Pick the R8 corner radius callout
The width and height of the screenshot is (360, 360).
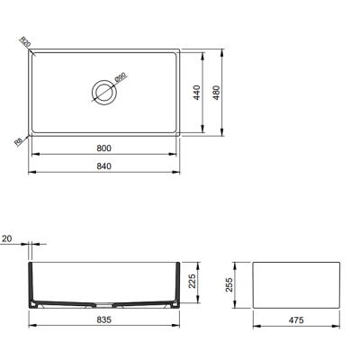(20, 140)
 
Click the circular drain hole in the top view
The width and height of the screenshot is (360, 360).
(103, 90)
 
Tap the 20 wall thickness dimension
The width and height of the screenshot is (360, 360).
(7, 239)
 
